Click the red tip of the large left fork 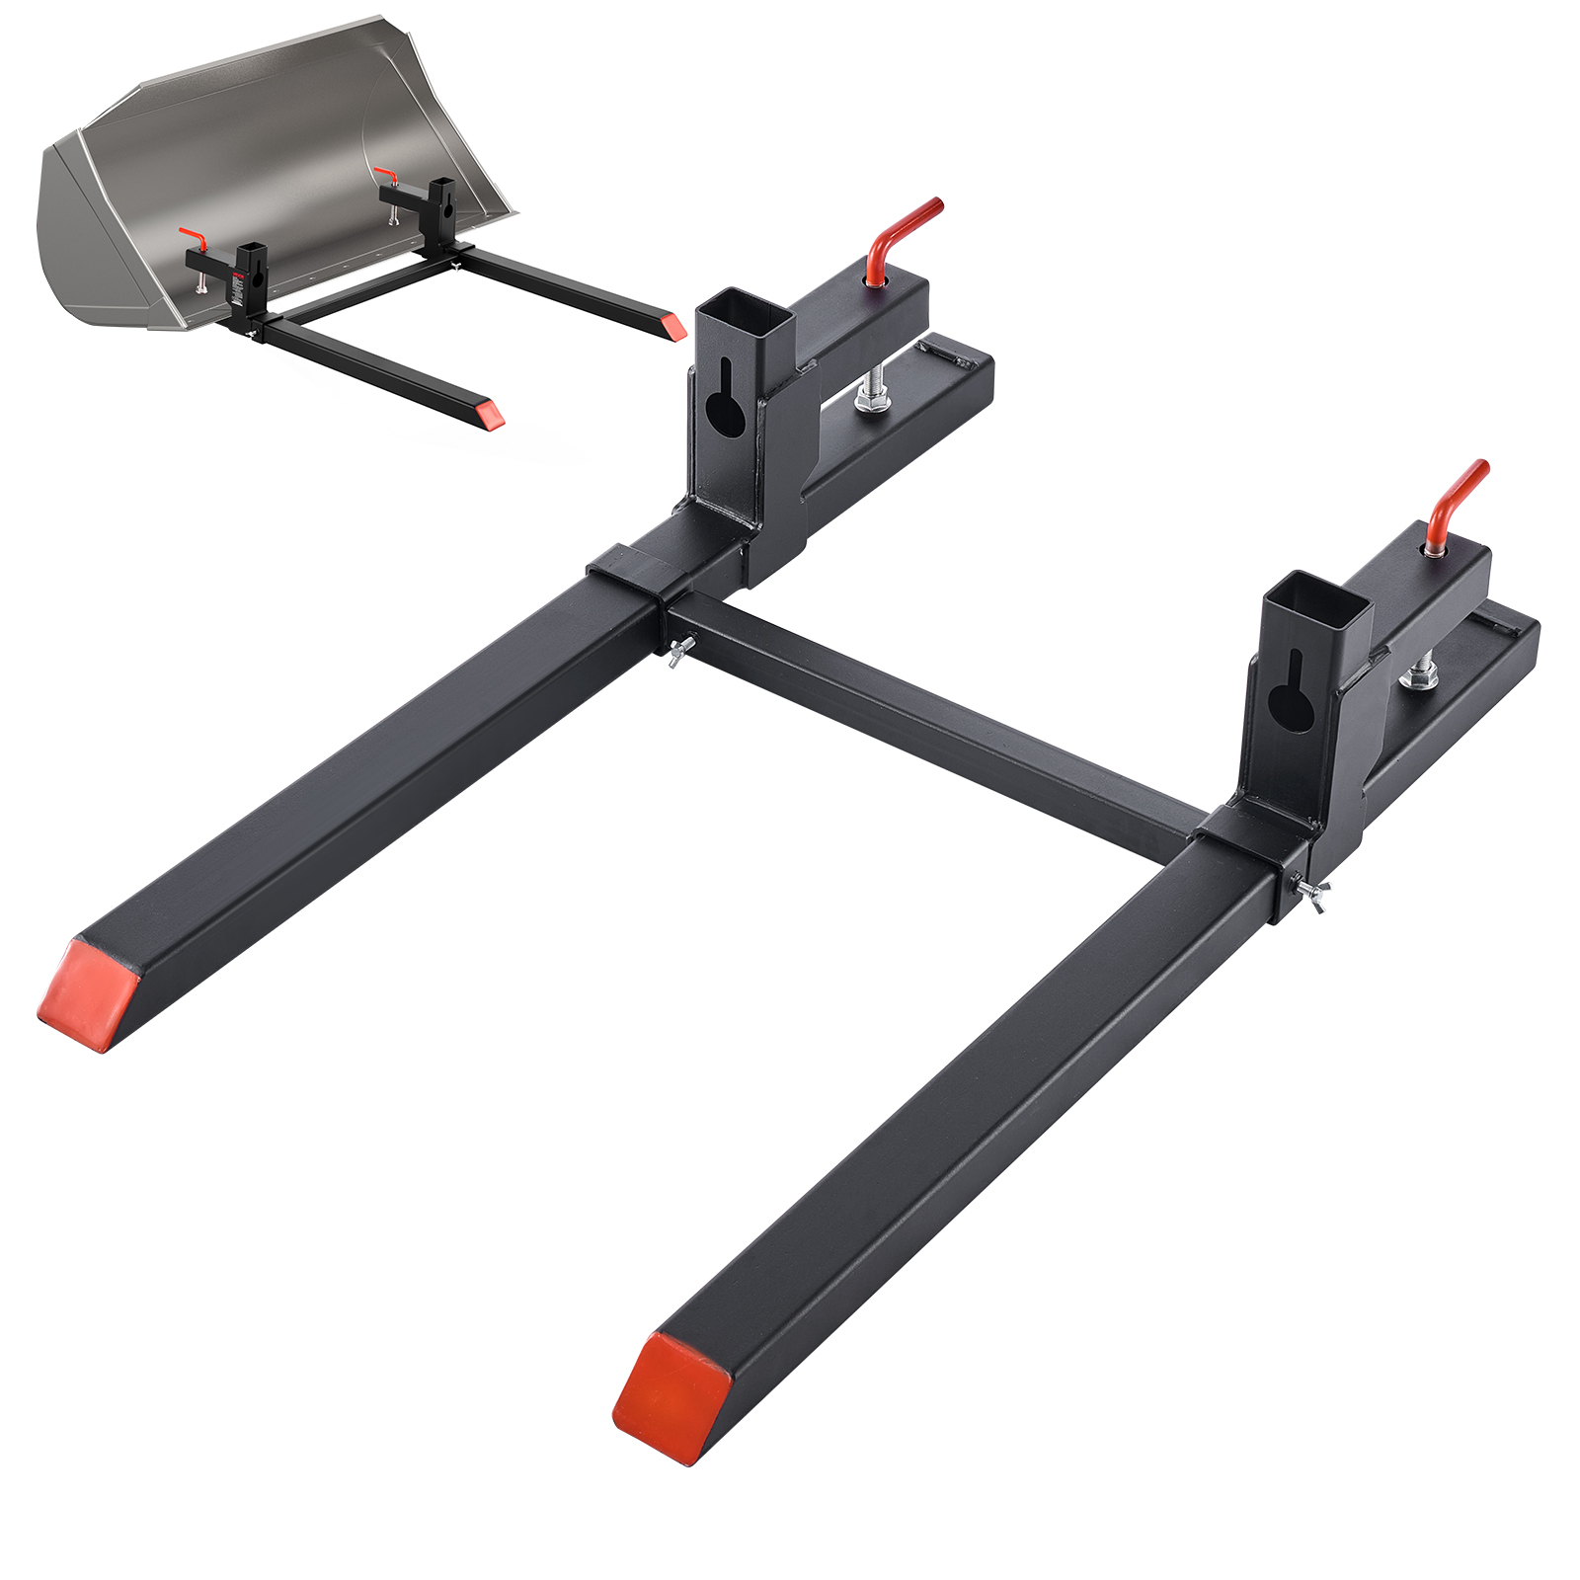pos(87,995)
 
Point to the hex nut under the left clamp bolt pos(873,399)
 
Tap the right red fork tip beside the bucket pos(674,328)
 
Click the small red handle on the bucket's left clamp pos(194,238)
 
